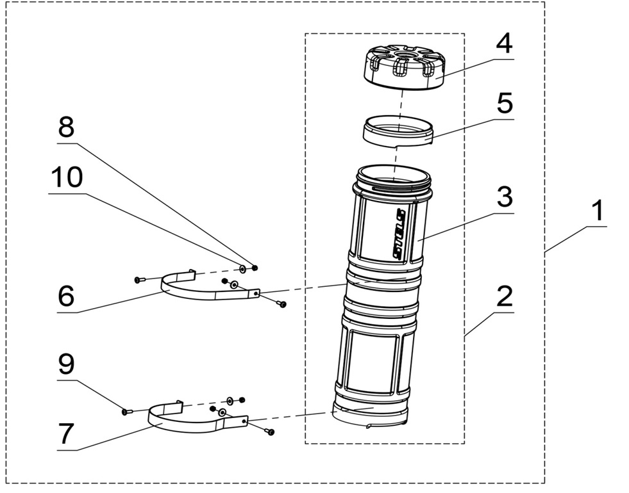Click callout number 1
(598, 211)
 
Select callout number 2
(505, 297)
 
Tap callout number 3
(505, 197)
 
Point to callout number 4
(505, 44)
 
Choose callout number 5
(505, 102)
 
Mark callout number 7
(66, 434)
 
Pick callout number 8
(66, 128)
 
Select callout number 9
(66, 365)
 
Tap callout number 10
(66, 177)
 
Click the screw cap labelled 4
(405, 70)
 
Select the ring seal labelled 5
(398, 131)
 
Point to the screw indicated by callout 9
(126, 412)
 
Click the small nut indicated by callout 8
(255, 268)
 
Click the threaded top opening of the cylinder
(392, 174)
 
